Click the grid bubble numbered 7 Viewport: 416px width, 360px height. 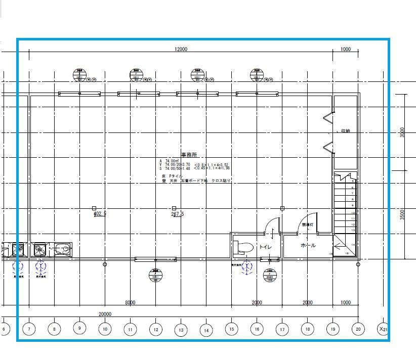click(29, 330)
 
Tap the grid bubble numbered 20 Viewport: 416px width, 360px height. click(358, 329)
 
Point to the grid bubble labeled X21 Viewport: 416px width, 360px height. click(383, 329)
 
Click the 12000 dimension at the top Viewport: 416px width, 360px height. click(181, 50)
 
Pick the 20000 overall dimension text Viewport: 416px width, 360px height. click(105, 314)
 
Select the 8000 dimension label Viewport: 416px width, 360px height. click(130, 303)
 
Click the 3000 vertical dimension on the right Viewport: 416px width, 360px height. click(403, 132)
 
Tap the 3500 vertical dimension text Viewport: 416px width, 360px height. click(403, 214)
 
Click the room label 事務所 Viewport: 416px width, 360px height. click(188, 155)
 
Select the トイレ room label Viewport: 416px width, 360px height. click(265, 247)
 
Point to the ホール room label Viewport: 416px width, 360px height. click(308, 246)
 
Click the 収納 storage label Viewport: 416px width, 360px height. click(345, 131)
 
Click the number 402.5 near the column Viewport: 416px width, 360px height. click(100, 214)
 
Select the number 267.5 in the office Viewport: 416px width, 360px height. click(178, 214)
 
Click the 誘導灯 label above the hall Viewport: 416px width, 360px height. click(308, 224)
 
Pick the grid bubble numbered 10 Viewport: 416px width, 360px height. click(105, 329)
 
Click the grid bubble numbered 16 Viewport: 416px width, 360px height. click(257, 329)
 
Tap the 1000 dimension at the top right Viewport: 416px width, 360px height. click(346, 50)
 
